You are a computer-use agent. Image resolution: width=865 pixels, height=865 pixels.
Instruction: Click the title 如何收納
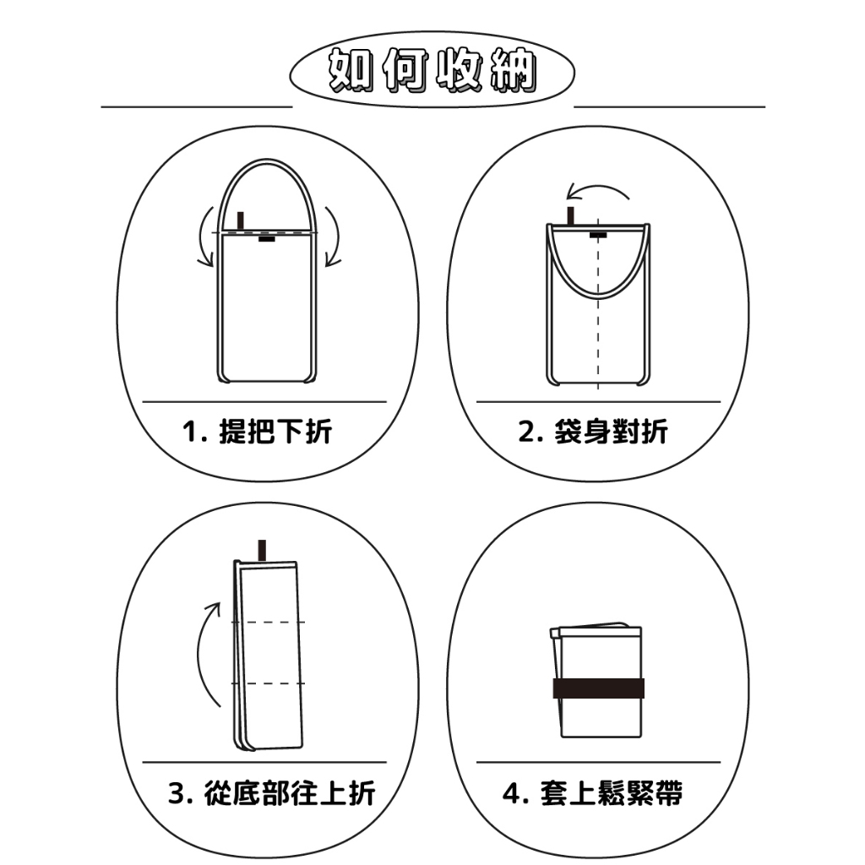point(432,69)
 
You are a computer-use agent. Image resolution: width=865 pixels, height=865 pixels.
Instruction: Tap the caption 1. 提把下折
point(257,431)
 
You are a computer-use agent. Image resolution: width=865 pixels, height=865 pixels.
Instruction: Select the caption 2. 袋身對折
point(593,431)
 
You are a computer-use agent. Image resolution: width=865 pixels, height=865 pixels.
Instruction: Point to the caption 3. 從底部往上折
point(272,793)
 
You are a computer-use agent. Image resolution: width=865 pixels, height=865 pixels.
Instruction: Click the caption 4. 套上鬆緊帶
point(592,793)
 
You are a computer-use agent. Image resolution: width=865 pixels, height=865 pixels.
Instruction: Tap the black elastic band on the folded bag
point(599,688)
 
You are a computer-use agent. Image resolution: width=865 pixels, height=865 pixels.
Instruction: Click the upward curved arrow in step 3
point(202,654)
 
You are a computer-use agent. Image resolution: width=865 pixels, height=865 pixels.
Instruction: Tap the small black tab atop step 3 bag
point(262,551)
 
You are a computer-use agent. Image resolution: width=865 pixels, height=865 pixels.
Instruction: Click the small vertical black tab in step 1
point(241,220)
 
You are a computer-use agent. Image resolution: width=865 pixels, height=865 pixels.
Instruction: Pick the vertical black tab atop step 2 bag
point(570,215)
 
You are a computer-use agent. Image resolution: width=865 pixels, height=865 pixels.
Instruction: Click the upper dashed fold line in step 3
point(268,623)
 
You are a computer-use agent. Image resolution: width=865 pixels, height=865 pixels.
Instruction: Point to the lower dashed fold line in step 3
point(268,683)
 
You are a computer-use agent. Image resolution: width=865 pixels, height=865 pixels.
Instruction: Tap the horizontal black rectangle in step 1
point(267,239)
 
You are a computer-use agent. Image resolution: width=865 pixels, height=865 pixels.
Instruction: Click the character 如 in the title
point(351,69)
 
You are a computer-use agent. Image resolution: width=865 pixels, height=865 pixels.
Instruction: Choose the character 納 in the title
point(514,69)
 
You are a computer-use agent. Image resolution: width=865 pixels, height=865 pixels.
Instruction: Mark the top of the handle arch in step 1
point(267,160)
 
